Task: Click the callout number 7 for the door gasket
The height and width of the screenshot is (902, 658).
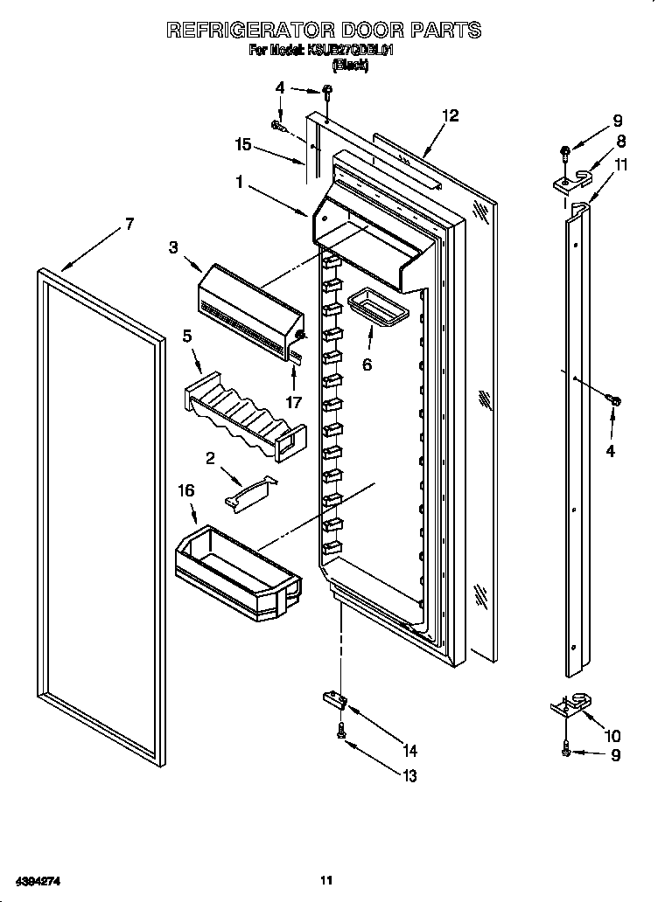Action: point(129,224)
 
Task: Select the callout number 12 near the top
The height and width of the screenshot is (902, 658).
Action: point(450,115)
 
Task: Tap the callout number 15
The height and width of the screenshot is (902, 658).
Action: point(243,145)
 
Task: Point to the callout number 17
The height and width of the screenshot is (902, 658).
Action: point(294,403)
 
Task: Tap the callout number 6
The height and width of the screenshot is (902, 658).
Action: point(367,364)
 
